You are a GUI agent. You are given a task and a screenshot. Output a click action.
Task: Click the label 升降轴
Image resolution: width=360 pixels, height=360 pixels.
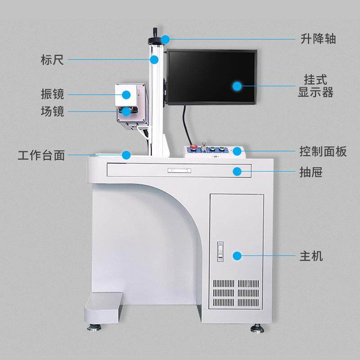pyautogui.click(x=318, y=39)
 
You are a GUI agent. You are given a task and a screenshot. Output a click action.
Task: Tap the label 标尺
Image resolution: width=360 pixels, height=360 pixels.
pyautogui.click(x=52, y=59)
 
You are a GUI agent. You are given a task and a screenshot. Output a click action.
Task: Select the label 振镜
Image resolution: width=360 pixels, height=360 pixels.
pyautogui.click(x=52, y=94)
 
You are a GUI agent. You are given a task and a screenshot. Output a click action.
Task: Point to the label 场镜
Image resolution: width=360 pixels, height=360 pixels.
pyautogui.click(x=52, y=111)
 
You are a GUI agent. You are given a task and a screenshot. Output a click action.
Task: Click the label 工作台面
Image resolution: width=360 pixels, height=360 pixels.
pyautogui.click(x=41, y=156)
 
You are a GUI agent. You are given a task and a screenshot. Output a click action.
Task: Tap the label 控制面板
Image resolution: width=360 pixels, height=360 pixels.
pyautogui.click(x=323, y=152)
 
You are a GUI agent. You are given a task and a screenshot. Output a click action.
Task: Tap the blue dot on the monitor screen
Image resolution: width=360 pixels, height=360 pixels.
pyautogui.click(x=237, y=85)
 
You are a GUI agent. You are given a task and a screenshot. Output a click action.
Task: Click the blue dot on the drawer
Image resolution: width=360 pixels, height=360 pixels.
pyautogui.click(x=237, y=171)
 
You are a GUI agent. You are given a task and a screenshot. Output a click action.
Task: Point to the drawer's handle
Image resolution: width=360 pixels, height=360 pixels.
pyautogui.click(x=179, y=171)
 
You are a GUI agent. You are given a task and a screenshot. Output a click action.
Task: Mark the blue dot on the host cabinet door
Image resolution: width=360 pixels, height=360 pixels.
pyautogui.click(x=237, y=256)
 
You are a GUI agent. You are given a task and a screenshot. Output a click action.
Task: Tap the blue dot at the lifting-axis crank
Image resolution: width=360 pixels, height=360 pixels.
pyautogui.click(x=165, y=39)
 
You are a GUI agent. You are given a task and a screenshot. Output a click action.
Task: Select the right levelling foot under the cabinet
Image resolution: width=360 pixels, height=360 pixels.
pyautogui.click(x=257, y=326)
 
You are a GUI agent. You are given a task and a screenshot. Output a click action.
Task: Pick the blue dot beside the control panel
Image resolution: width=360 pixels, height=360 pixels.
pyautogui.click(x=237, y=151)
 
